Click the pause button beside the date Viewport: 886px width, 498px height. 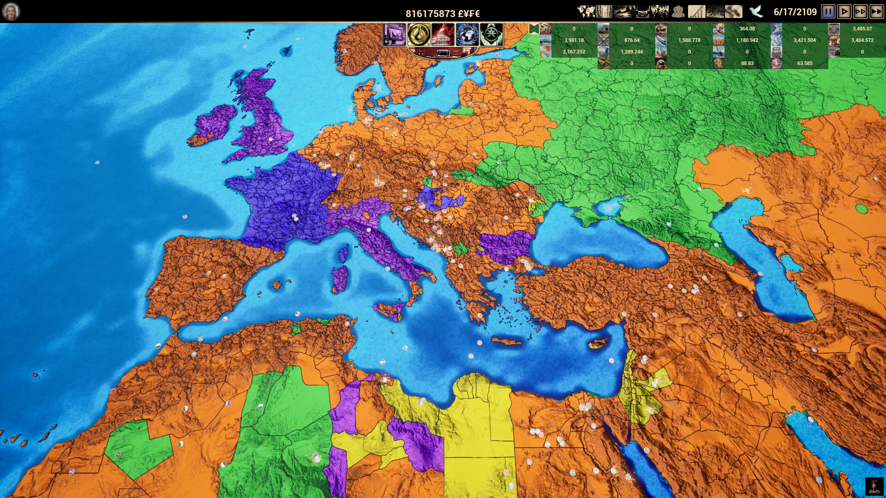click(x=828, y=12)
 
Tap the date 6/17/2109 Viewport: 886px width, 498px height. click(x=795, y=12)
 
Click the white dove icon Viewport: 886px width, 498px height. click(x=755, y=11)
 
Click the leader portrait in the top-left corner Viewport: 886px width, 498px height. click(x=11, y=11)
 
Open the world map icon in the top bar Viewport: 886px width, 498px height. click(x=586, y=12)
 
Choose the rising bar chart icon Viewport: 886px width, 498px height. click(x=697, y=12)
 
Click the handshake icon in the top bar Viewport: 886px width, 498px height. click(x=641, y=12)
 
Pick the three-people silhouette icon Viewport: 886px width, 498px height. click(x=678, y=12)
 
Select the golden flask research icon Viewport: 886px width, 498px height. click(x=419, y=35)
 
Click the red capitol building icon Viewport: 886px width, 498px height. click(x=443, y=35)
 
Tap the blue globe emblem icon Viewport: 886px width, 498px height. click(x=467, y=35)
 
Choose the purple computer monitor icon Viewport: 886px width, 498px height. click(x=395, y=35)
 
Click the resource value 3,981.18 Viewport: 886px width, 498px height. click(x=574, y=40)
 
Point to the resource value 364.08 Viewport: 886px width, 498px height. click(x=747, y=29)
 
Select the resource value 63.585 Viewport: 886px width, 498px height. click(x=805, y=63)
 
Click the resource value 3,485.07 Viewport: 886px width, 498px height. click(x=862, y=29)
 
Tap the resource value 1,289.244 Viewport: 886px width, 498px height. click(x=631, y=52)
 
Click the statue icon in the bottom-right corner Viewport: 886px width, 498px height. click(x=874, y=486)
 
